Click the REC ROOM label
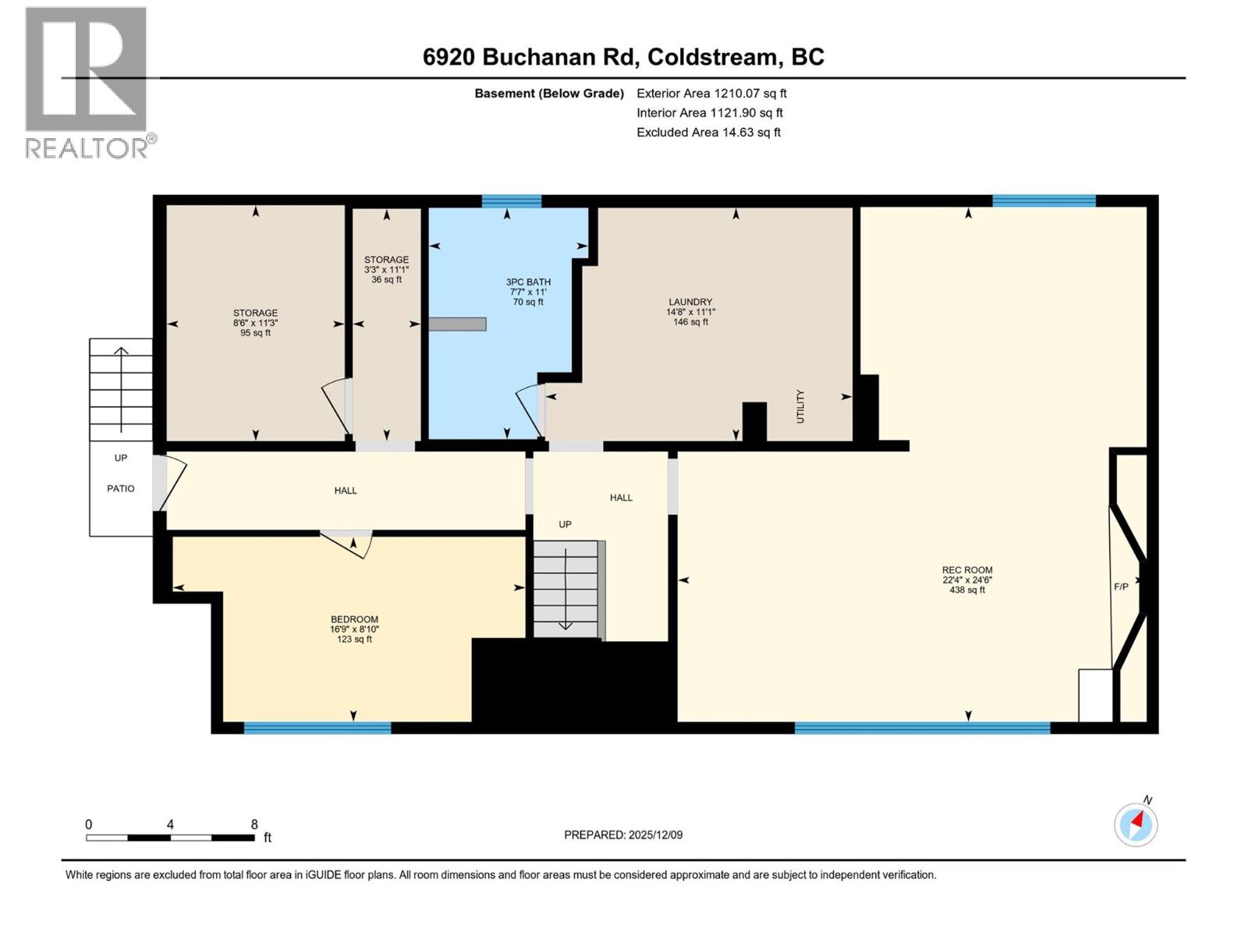(966, 570)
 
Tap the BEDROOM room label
(354, 619)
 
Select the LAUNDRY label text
(690, 302)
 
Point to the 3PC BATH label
(528, 282)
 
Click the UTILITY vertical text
(800, 406)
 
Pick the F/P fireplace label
(1121, 587)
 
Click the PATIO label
(120, 488)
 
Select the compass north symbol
(1136, 824)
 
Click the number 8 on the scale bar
(254, 824)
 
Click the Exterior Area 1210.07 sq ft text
(711, 94)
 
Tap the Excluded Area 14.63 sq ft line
(708, 133)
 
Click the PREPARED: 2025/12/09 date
(623, 835)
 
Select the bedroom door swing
(349, 544)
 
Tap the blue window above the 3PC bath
(511, 201)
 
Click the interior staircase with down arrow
(566, 589)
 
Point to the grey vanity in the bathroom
(458, 324)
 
